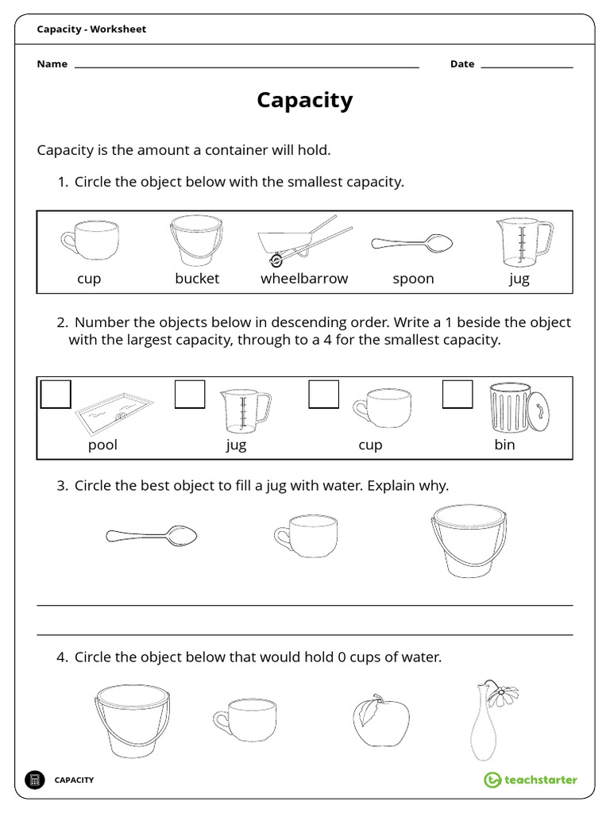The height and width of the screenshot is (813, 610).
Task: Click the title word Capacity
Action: (304, 100)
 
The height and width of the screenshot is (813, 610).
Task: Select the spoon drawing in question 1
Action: (412, 243)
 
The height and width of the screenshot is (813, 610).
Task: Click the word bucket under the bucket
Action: (197, 279)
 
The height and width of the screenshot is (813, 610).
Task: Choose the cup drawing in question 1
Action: (90, 238)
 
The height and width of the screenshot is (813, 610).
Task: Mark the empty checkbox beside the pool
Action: (56, 394)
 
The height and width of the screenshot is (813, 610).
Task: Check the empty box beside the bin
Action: (457, 394)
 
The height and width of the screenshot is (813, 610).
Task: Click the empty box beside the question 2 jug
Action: (189, 394)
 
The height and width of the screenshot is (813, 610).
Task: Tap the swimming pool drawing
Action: (114, 411)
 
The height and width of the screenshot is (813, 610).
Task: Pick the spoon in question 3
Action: (152, 536)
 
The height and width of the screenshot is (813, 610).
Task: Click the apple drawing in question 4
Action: (380, 722)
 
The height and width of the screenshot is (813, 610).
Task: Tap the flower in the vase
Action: (500, 693)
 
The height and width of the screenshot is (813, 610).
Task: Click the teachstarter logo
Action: (531, 780)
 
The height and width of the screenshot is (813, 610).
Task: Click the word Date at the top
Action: (461, 64)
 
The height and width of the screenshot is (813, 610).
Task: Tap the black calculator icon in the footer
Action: (34, 780)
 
